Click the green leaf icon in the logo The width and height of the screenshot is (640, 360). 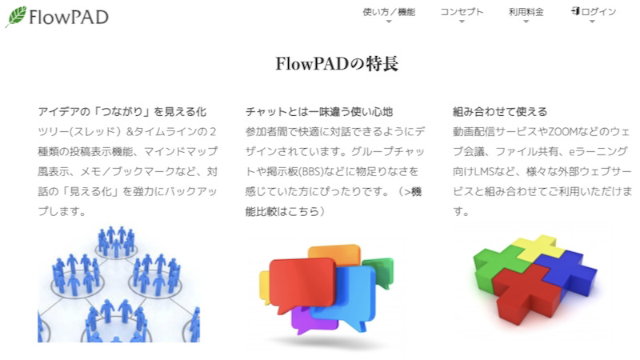pos(16,15)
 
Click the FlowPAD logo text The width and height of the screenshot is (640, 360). pos(68,17)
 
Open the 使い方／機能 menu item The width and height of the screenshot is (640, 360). pos(389,12)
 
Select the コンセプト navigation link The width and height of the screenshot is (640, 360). pos(462,12)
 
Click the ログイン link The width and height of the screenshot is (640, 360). pos(598,12)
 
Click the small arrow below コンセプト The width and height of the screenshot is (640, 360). pos(462,22)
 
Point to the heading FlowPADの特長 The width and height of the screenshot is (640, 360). pos(336,64)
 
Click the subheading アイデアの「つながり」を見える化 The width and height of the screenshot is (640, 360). pos(122,111)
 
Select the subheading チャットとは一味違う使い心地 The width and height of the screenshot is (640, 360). pos(319,111)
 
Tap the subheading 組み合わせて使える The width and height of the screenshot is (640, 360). pos(500,111)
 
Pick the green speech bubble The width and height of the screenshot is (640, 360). pos(381,270)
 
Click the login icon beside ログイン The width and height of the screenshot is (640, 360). pos(576,11)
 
